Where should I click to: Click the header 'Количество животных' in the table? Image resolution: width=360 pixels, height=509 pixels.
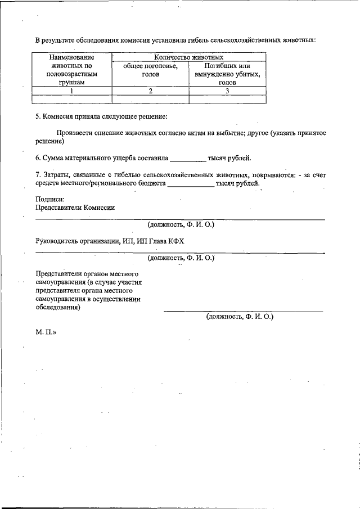click(x=189, y=57)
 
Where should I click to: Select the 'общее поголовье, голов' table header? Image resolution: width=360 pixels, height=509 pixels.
click(x=150, y=70)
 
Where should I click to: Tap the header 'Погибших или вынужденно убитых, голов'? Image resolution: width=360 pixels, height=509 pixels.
click(x=227, y=74)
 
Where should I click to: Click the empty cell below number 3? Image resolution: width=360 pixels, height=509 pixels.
click(x=227, y=99)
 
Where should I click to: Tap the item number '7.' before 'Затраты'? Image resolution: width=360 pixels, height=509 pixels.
click(x=38, y=175)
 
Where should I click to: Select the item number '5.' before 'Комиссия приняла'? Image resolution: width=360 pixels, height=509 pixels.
click(x=38, y=117)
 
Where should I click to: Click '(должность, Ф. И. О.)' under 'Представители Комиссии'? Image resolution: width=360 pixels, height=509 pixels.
click(x=181, y=224)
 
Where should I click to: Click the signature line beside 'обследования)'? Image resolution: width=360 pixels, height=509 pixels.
click(x=243, y=311)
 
